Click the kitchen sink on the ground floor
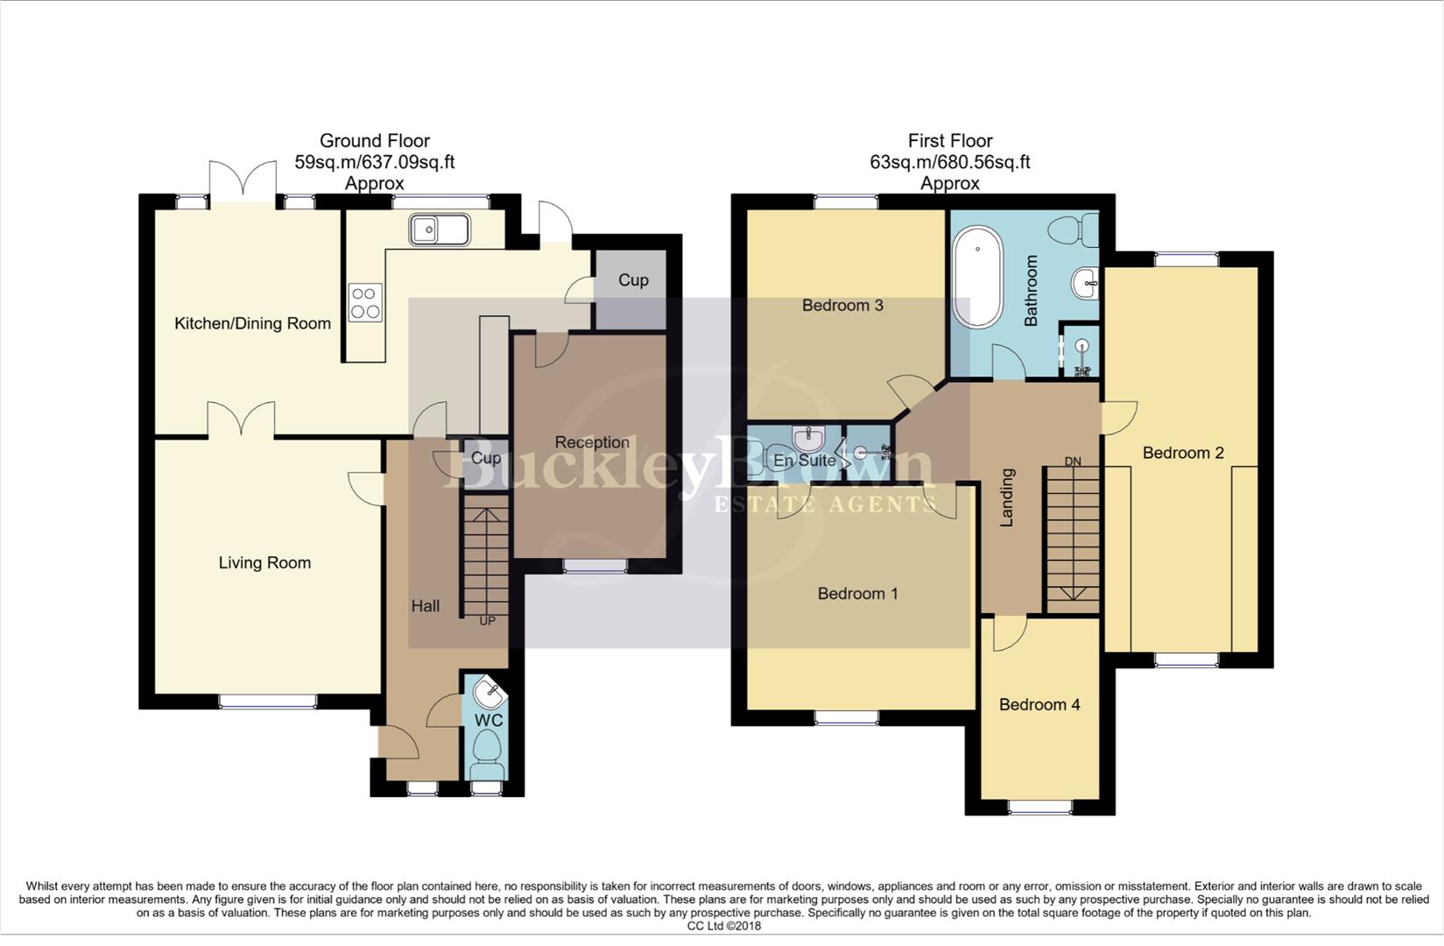(439, 230)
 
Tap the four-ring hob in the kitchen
(365, 302)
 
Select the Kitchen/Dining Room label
(252, 324)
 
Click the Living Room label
(264, 563)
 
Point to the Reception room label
(592, 442)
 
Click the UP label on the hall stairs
(487, 621)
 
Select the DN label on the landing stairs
(1073, 462)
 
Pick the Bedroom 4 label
(1039, 705)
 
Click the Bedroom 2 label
(1183, 453)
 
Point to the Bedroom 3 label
(842, 306)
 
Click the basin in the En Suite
(807, 437)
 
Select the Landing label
(1007, 498)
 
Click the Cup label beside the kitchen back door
(633, 280)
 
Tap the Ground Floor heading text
(375, 141)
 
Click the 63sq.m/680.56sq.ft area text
(949, 162)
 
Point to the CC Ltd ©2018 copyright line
(723, 926)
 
